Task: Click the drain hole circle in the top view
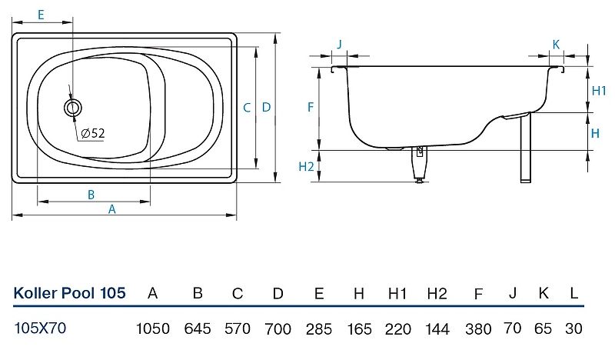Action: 72,107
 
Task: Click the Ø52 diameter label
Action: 93,134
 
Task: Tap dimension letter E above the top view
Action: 41,15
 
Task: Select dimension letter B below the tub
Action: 91,195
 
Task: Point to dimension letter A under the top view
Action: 111,209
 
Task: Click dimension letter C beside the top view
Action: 247,108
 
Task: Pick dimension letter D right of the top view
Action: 266,107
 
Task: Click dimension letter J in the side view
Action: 339,44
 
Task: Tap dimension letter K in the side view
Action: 556,45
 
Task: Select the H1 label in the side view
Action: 599,91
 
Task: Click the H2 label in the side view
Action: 306,166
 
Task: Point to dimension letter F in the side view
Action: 311,107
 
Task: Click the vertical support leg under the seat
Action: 526,148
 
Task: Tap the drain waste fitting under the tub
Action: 419,164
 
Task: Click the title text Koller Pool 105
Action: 69,293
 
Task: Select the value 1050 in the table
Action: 152,328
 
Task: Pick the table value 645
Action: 198,328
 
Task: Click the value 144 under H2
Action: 437,328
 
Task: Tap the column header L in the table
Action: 573,293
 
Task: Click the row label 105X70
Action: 40,328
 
